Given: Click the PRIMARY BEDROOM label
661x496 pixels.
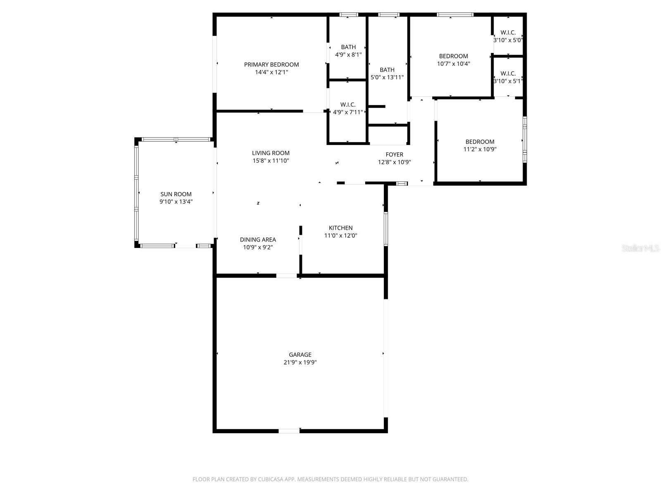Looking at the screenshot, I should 271,64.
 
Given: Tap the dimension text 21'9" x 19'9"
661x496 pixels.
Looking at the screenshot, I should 300,362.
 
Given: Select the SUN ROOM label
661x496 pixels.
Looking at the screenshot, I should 176,194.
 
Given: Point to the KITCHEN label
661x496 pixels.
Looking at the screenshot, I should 340,228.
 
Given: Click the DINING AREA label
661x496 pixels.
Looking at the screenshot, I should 258,239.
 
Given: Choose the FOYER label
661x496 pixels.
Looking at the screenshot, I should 394,155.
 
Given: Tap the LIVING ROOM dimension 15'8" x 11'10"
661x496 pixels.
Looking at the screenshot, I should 271,161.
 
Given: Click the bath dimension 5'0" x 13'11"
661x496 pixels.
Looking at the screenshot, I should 387,77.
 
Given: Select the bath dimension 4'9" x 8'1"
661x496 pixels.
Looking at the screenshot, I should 348,55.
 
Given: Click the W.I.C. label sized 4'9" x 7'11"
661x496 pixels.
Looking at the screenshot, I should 348,105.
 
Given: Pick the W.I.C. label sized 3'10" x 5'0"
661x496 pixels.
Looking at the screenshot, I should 508,33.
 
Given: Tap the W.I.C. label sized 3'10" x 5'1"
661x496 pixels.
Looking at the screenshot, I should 508,74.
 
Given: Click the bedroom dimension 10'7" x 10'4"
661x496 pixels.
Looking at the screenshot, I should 453,64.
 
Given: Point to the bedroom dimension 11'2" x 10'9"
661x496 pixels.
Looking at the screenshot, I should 480,149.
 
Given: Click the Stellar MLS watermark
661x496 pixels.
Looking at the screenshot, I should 641,248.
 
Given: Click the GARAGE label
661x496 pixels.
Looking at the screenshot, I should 300,355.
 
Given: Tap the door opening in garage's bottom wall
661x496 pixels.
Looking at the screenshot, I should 289,431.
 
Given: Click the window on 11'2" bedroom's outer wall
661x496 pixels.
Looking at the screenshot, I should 525,140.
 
